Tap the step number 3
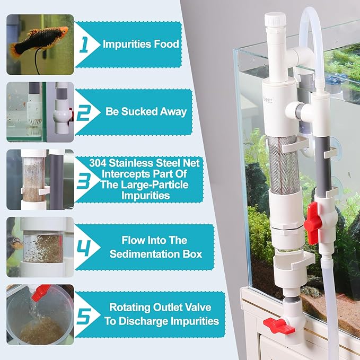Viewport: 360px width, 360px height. point(84,179)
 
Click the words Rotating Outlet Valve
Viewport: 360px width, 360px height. point(163,306)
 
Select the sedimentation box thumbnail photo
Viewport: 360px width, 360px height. point(40,248)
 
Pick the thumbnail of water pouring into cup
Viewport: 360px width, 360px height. point(40,314)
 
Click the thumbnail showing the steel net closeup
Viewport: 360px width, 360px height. point(40,179)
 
